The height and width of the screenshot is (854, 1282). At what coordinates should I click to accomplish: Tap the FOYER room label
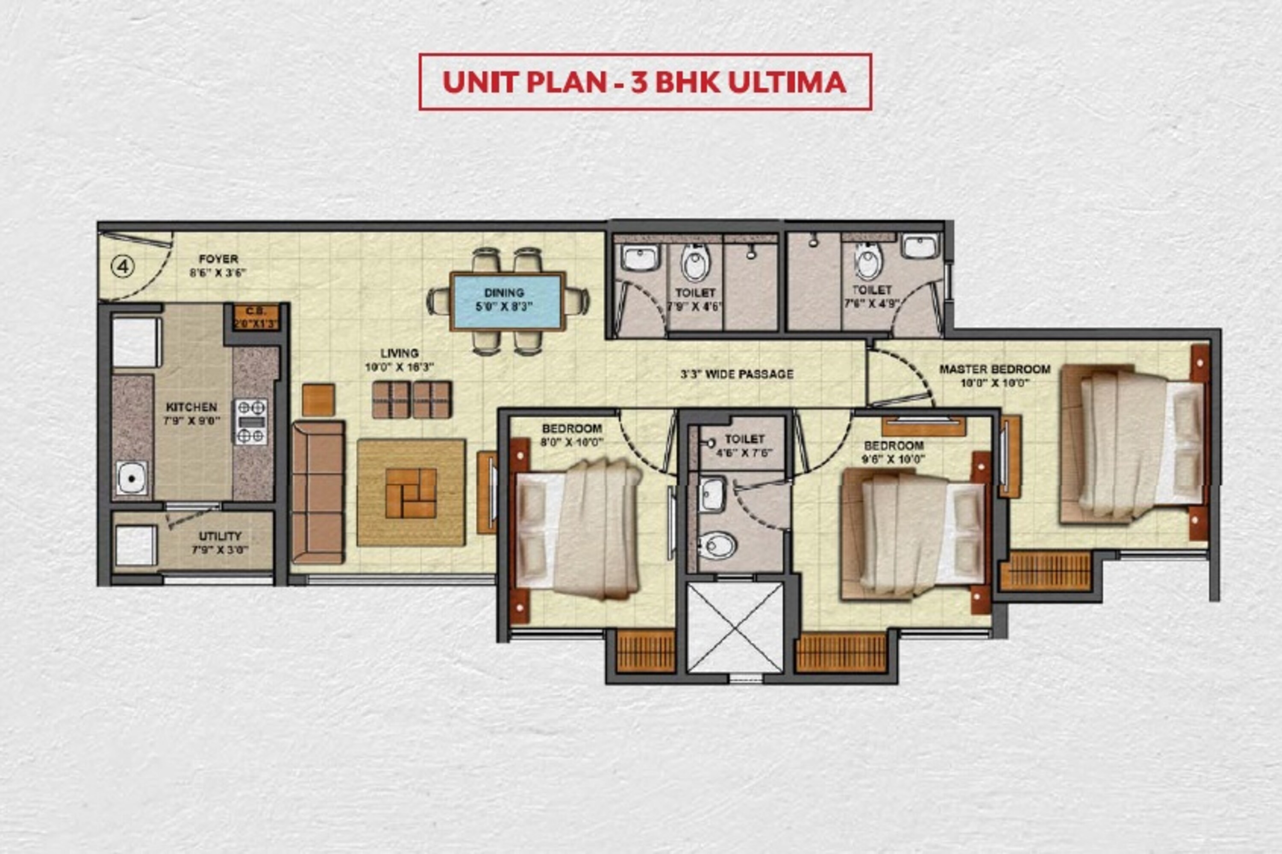coord(218,259)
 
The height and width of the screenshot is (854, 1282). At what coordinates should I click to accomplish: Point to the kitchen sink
coord(131,478)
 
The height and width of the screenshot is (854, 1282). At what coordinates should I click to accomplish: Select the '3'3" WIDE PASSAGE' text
coord(737,374)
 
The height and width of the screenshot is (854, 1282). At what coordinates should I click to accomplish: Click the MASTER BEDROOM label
coord(994,369)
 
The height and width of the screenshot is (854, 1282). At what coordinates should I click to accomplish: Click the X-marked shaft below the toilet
coord(735,628)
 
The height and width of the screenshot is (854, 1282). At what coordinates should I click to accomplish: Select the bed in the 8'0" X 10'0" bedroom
coord(577,530)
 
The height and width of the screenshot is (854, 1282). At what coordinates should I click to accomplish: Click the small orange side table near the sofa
coord(318,400)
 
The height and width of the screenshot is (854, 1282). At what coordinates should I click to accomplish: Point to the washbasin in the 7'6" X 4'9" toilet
coord(920,246)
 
